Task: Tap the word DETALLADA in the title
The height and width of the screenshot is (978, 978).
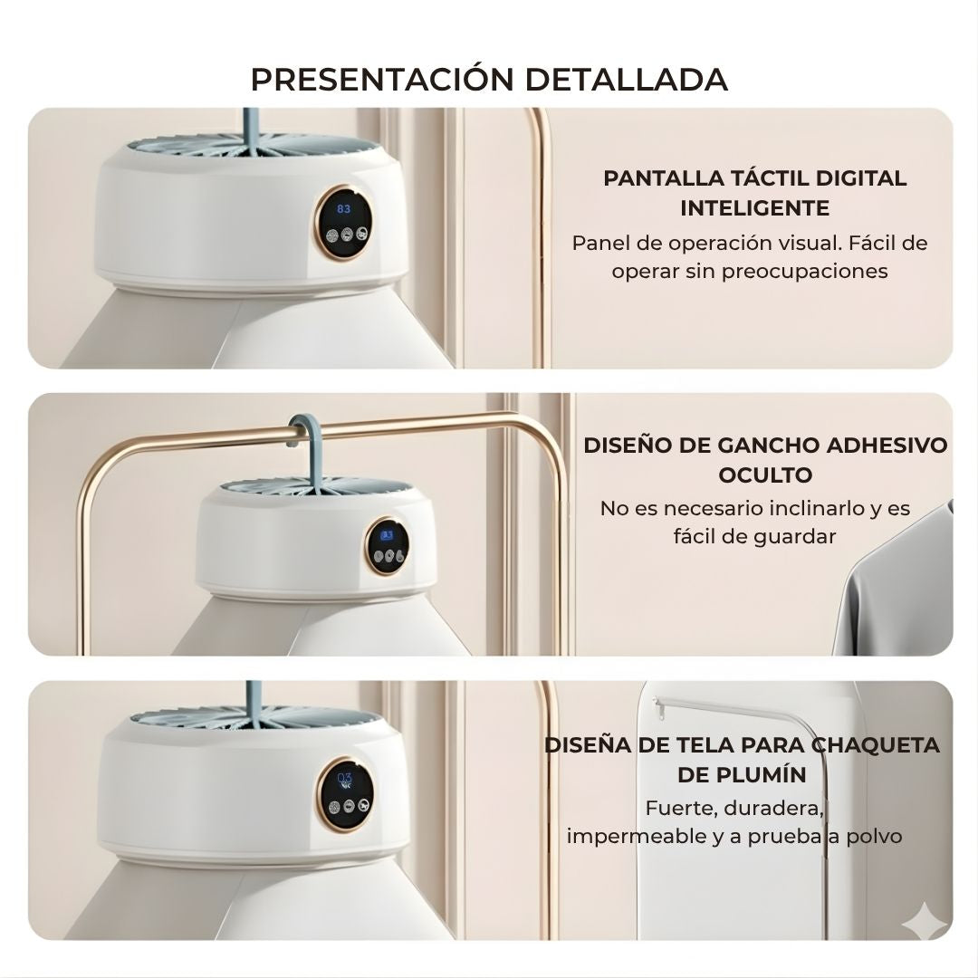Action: pyautogui.click(x=627, y=79)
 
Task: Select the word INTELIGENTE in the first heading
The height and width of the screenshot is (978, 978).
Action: pyautogui.click(x=754, y=208)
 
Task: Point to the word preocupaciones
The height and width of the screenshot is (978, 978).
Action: pyautogui.click(x=805, y=272)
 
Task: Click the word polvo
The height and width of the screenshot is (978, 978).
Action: pyautogui.click(x=874, y=837)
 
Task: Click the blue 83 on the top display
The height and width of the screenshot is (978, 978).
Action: pyautogui.click(x=344, y=209)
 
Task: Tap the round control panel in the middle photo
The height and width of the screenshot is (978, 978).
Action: pyautogui.click(x=387, y=546)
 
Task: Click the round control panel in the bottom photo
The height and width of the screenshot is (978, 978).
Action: pyautogui.click(x=345, y=795)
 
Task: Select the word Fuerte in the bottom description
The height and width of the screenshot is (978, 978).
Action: pyautogui.click(x=680, y=809)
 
